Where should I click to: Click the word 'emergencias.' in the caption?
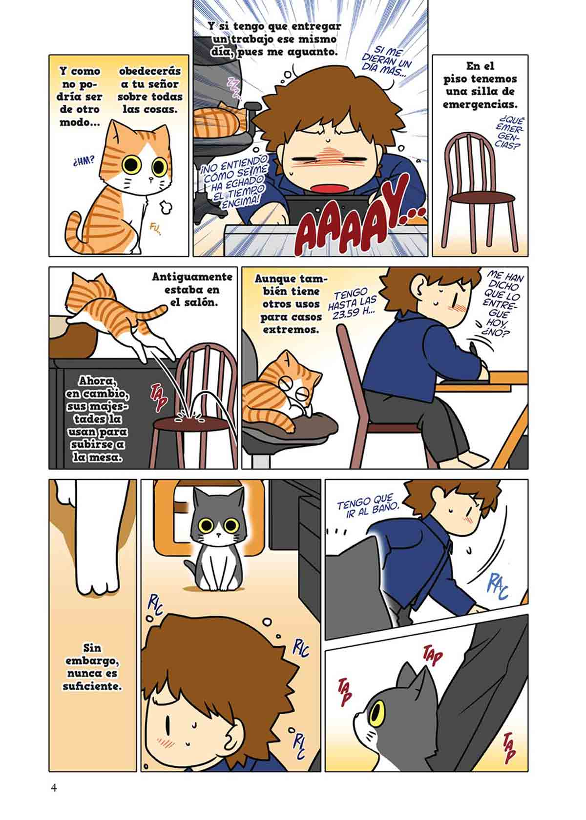coord(480,104)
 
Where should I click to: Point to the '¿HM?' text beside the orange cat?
coord(84,160)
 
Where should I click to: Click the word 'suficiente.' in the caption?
coord(92,686)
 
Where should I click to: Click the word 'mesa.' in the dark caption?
coord(97,457)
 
